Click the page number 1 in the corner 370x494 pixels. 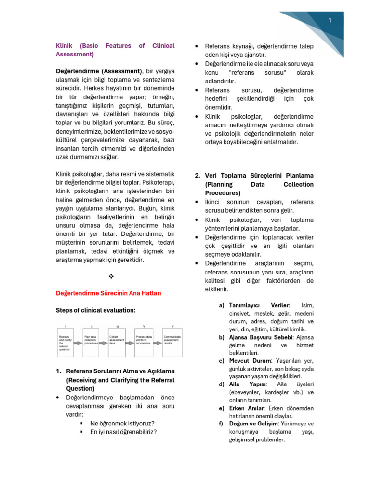click(330, 20)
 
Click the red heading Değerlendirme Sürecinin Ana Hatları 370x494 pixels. click(108, 293)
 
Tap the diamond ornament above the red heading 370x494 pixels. click(111, 276)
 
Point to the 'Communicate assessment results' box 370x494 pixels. click(172, 343)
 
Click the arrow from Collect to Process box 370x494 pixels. click(131, 343)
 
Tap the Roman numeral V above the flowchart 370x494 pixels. click(172, 326)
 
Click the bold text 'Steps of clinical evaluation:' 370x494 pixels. click(96, 310)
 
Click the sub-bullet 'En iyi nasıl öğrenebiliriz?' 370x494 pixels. click(123, 432)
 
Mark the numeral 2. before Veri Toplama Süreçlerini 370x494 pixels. click(198, 176)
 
